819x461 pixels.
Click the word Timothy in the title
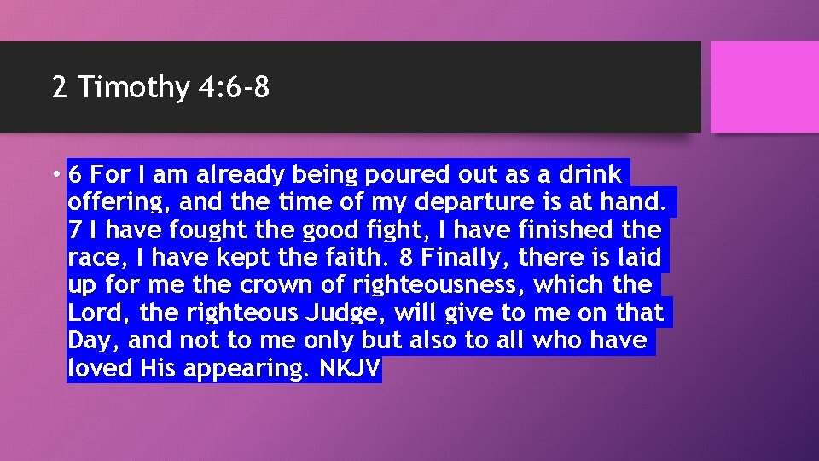pos(134,87)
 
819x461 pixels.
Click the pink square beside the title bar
pos(764,87)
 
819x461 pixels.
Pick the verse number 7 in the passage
pos(74,230)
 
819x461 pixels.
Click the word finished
pos(581,230)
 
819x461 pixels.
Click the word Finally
pos(465,258)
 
